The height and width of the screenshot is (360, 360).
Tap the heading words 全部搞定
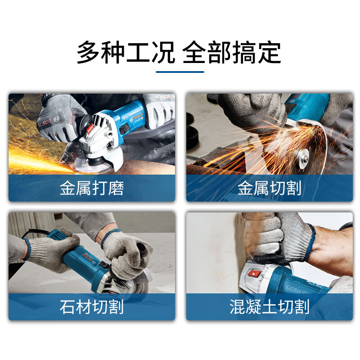[232, 53]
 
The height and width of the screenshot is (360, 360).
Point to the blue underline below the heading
[180, 71]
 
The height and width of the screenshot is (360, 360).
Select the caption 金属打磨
[92, 188]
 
